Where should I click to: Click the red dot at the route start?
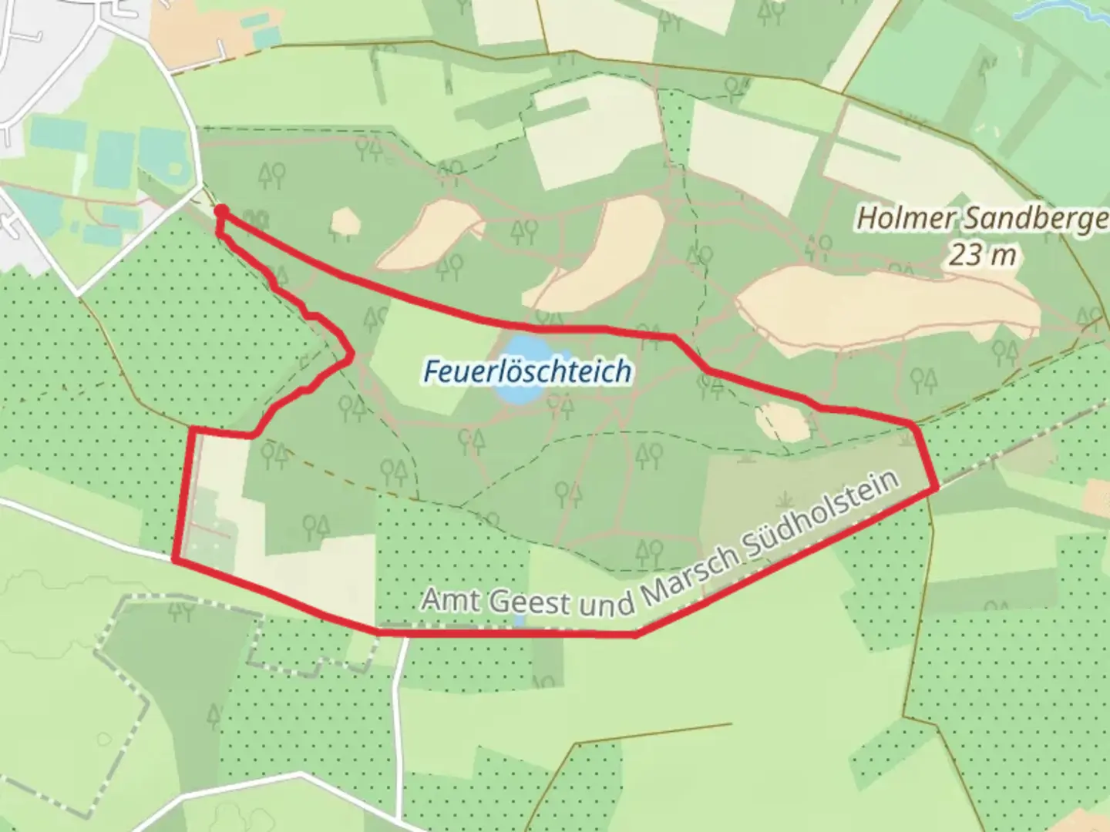tap(220, 211)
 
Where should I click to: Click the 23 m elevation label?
tap(982, 253)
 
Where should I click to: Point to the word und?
tap(606, 605)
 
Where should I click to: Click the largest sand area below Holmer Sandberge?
tap(886, 308)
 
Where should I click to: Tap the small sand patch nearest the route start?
tap(345, 222)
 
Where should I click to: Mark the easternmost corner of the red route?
tap(937, 488)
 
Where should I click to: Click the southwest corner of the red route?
tap(175, 559)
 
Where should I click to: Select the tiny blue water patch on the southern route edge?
tap(520, 620)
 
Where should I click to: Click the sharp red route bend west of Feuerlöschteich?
tap(351, 355)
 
